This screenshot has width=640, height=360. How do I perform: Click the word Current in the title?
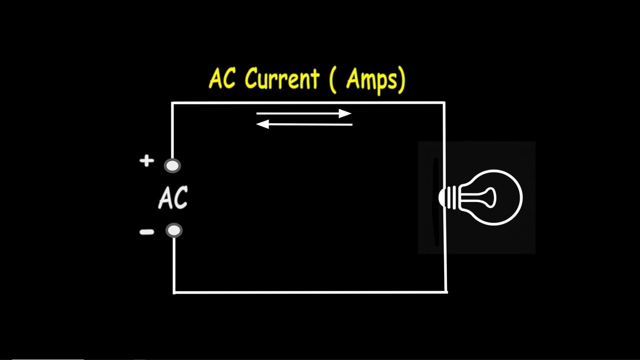(282, 78)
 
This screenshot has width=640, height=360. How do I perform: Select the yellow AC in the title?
(222, 78)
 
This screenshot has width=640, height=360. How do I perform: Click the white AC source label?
(173, 197)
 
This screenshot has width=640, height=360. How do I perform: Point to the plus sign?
(147, 161)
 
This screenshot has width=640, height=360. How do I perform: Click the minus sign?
(147, 232)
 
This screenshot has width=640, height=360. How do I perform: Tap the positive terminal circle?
(172, 166)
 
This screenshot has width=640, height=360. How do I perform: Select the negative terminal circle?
(174, 230)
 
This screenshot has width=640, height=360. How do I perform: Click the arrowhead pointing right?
(345, 113)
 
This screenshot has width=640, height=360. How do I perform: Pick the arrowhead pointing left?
(262, 124)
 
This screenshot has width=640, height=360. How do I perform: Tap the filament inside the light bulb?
(480, 197)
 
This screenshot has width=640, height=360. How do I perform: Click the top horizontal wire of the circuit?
(308, 102)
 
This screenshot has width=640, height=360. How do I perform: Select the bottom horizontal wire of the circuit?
(310, 292)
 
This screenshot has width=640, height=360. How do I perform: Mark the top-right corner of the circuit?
(444, 102)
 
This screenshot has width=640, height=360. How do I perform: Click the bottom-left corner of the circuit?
(174, 292)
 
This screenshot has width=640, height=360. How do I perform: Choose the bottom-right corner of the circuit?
(447, 292)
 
